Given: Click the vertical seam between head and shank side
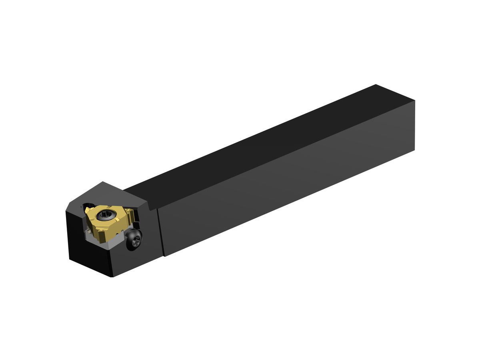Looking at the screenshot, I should coord(161,232).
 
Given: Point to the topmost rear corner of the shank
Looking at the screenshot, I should coord(376,85).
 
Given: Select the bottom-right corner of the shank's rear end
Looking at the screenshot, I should coord(414,150).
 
